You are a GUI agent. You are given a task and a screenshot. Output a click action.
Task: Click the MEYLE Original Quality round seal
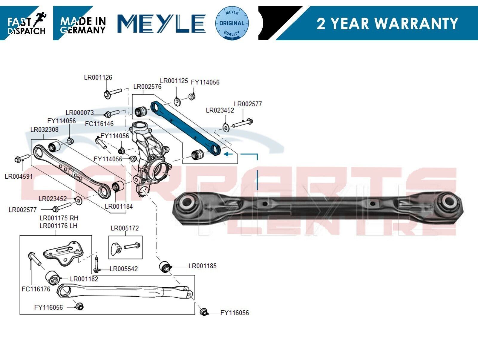coord(232,23)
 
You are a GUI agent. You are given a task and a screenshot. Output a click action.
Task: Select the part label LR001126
coord(98,77)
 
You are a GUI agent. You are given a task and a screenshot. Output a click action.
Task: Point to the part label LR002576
coord(147,87)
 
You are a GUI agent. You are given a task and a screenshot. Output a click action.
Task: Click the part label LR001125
coord(174,81)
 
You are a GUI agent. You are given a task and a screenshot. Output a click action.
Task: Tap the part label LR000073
coord(80,113)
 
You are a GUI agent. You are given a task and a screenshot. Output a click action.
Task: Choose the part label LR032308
coord(45,130)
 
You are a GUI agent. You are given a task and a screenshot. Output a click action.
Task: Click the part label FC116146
coord(99,124)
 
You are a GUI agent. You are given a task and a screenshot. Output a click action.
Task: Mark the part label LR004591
coord(19,176)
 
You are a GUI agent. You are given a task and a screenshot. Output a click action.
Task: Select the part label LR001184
coord(119,206)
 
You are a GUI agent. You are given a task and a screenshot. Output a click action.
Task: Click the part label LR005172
coord(125,228)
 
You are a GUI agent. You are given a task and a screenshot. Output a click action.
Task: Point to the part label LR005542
coord(124,269)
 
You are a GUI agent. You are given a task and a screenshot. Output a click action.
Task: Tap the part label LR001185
coord(203,266)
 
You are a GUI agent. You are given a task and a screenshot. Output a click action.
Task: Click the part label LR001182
coord(84,279)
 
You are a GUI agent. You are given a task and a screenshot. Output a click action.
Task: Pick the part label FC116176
coord(36,289)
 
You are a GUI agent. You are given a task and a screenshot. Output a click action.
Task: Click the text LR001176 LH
coord(58,226)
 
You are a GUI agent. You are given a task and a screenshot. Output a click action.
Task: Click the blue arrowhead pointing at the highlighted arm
coord(226,154)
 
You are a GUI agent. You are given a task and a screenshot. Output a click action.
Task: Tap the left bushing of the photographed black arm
coord(186,203)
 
